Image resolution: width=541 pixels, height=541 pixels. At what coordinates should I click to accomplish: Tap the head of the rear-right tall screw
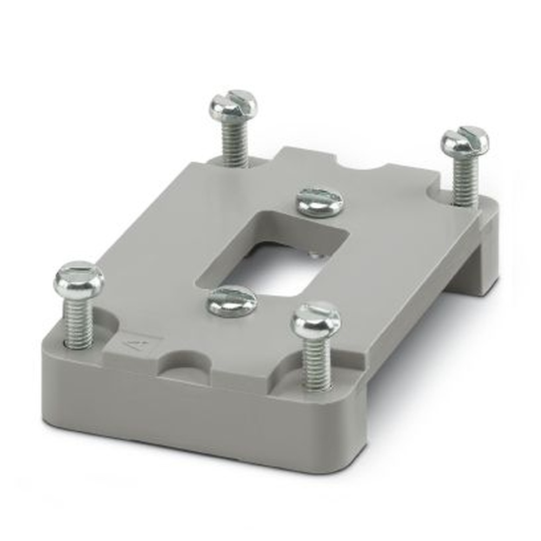tap(465, 141)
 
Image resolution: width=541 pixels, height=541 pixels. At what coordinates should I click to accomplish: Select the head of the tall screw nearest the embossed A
tap(78, 279)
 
